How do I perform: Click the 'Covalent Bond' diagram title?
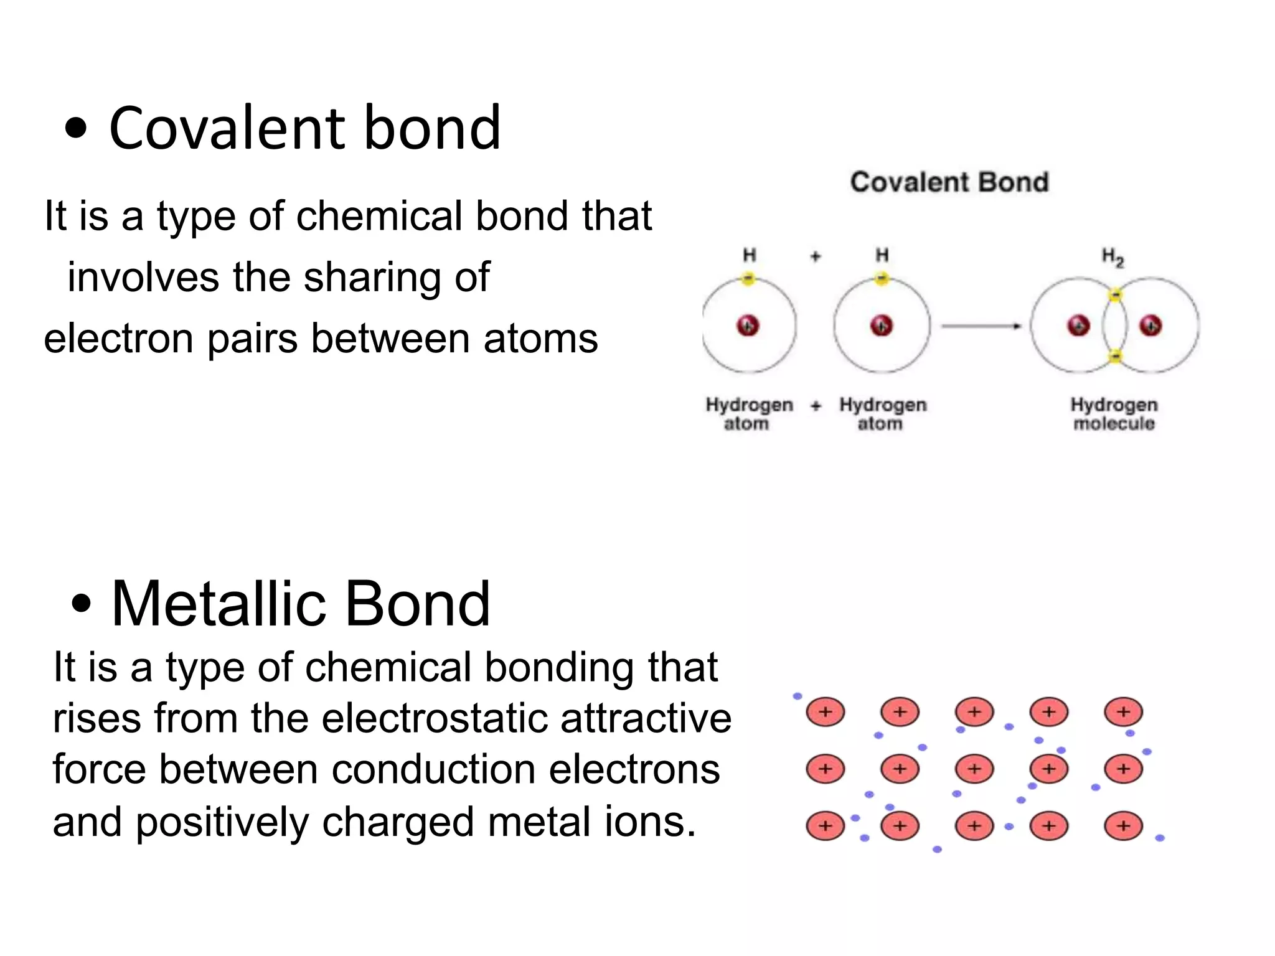(949, 182)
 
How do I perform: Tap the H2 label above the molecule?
(1113, 256)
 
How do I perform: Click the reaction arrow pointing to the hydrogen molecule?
(981, 326)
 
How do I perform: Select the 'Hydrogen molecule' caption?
(1114, 414)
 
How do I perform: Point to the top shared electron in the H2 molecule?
(1116, 294)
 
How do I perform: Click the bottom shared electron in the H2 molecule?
(1116, 356)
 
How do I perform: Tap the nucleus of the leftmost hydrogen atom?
(748, 325)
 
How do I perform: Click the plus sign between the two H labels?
(816, 256)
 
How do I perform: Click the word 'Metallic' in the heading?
(218, 603)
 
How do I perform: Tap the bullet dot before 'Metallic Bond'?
(82, 603)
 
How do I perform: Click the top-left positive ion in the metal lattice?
(826, 712)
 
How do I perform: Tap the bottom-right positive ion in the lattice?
(1123, 826)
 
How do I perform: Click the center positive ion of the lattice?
(974, 769)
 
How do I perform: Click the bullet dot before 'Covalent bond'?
(76, 128)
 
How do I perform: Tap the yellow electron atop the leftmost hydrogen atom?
(748, 279)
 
